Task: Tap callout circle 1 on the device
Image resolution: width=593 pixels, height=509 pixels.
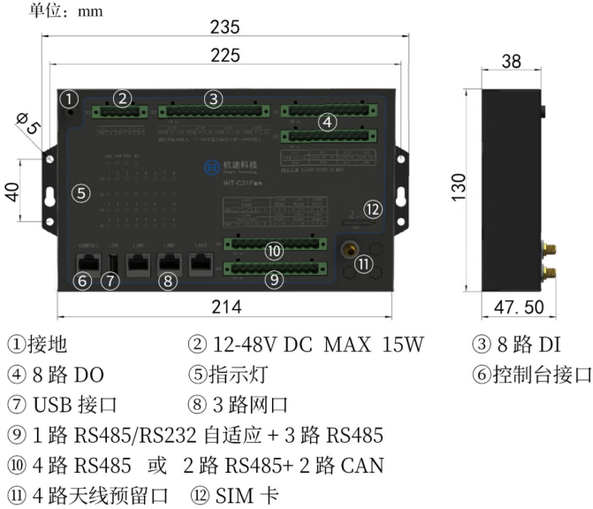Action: click(x=71, y=98)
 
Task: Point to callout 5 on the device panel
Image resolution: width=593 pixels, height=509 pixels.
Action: click(x=81, y=193)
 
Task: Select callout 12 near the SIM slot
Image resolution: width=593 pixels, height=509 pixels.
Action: click(x=374, y=209)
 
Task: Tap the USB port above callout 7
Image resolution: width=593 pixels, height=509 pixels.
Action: click(x=112, y=263)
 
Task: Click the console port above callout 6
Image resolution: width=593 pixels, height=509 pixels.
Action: click(x=87, y=262)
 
